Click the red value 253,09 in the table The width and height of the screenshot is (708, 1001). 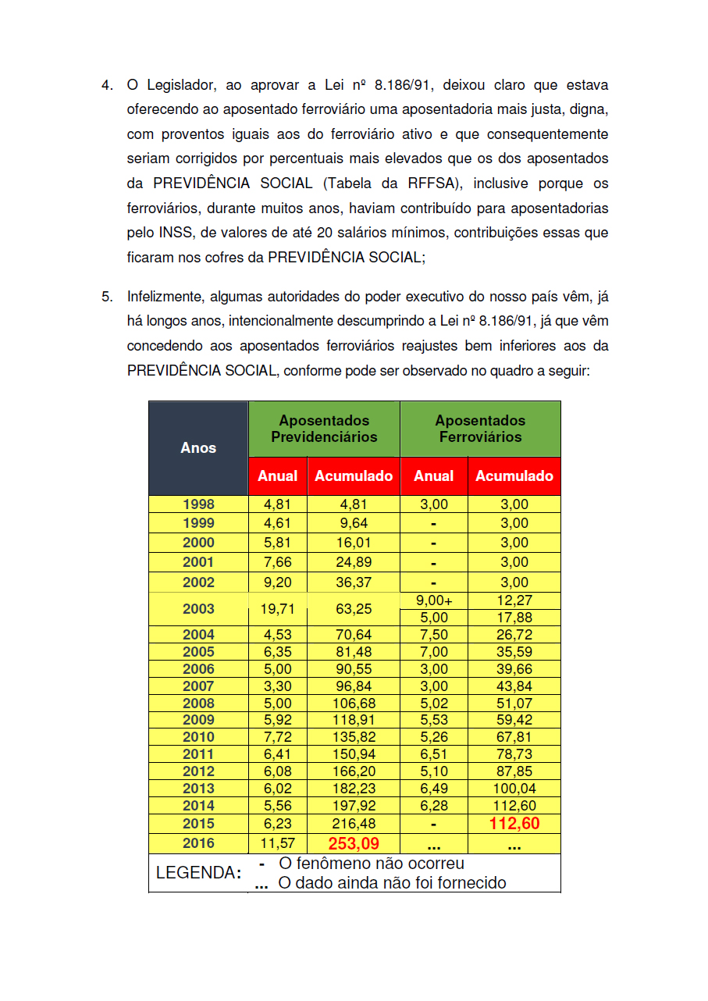pyautogui.click(x=354, y=843)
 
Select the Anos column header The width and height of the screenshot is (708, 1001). pyautogui.click(x=198, y=447)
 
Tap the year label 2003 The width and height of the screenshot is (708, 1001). pyautogui.click(x=198, y=609)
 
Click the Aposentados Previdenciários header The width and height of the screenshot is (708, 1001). pyautogui.click(x=324, y=429)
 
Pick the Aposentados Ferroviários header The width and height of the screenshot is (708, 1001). pyautogui.click(x=480, y=429)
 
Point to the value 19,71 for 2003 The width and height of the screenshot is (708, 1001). pyautogui.click(x=279, y=609)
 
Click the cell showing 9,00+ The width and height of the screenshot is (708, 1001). pyautogui.click(x=434, y=600)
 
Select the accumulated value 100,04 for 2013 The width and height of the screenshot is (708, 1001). pyautogui.click(x=514, y=789)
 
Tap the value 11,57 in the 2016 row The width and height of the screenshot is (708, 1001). pyautogui.click(x=279, y=843)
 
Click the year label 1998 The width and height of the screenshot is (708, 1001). pyautogui.click(x=198, y=504)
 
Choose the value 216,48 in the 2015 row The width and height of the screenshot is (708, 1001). pyautogui.click(x=354, y=824)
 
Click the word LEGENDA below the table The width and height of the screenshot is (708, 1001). pyautogui.click(x=197, y=873)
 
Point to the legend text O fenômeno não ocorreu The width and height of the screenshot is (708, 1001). pyautogui.click(x=372, y=864)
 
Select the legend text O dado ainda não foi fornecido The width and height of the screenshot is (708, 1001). pyautogui.click(x=392, y=883)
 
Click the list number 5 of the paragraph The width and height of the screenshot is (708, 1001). pyautogui.click(x=106, y=296)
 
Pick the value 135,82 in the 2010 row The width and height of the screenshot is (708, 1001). pyautogui.click(x=354, y=737)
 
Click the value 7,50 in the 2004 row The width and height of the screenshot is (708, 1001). pyautogui.click(x=434, y=635)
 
